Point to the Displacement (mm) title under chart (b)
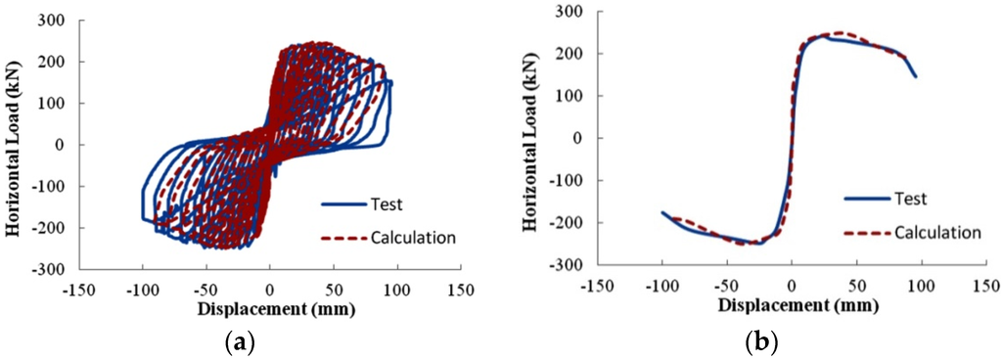pyautogui.click(x=792, y=305)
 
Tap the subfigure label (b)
pyautogui.click(x=759, y=341)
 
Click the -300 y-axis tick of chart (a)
pyautogui.click(x=49, y=269)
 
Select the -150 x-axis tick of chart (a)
pyautogui.click(x=79, y=291)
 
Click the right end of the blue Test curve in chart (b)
pyautogui.click(x=916, y=76)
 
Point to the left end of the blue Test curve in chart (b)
pyautogui.click(x=662, y=211)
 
